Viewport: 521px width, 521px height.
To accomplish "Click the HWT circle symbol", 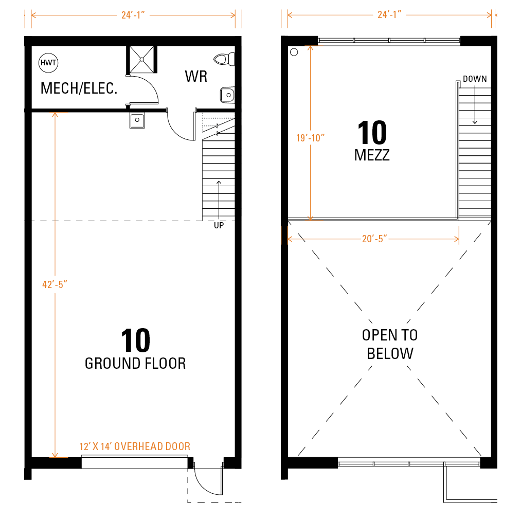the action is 48,63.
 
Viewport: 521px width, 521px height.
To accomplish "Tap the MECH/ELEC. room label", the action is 79,88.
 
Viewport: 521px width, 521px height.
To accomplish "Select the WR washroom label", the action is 196,77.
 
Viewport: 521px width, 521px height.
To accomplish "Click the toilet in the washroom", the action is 224,60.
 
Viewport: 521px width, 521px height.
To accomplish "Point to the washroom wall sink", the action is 228,95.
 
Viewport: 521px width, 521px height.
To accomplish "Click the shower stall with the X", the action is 141,60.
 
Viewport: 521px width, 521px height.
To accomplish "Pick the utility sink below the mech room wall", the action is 137,120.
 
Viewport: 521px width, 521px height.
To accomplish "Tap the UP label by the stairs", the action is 219,225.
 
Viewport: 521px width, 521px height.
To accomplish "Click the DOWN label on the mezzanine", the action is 475,79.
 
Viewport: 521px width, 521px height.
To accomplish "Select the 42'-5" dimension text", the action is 55,284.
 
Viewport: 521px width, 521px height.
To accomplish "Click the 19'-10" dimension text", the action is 310,138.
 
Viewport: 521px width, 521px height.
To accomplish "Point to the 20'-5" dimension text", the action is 374,239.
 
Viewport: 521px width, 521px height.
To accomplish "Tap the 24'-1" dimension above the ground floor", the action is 133,15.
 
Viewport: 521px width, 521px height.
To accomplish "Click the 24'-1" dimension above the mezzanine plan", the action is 389,14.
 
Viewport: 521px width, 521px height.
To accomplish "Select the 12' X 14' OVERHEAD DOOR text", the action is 135,446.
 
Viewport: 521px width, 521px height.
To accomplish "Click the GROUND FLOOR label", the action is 135,364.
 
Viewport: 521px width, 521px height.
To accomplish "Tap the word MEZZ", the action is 372,155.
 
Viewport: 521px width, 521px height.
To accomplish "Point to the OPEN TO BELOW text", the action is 390,344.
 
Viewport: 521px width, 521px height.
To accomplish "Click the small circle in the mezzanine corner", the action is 294,52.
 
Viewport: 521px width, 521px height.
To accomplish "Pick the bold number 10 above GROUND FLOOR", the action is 136,340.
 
